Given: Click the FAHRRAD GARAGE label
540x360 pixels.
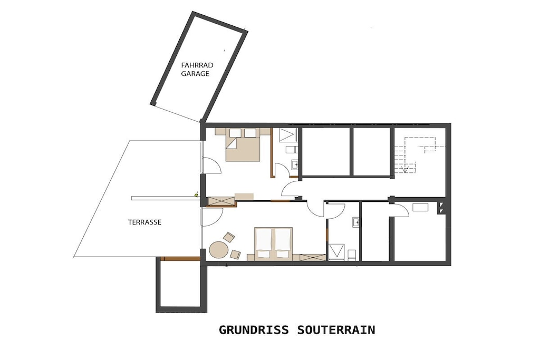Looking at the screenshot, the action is (195, 69).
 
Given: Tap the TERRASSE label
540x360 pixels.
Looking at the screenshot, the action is (144, 222).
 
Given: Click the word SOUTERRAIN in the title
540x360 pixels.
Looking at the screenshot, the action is (336, 330).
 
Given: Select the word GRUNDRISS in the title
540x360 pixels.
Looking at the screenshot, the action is (254, 330).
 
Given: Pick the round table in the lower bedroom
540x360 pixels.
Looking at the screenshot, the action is (218, 250).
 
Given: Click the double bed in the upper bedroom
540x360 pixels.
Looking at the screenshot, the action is (243, 144).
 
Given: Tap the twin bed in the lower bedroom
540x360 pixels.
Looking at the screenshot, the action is (274, 244).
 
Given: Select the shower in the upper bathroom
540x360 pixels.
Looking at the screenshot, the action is (287, 135).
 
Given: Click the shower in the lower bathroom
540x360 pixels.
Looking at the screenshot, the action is (336, 252).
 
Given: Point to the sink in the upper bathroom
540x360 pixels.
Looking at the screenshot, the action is (295, 165).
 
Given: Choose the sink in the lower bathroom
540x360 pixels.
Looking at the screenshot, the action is (356, 222).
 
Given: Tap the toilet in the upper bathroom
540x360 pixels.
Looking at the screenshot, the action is (291, 149).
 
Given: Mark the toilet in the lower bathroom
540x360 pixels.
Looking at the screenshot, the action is (352, 255).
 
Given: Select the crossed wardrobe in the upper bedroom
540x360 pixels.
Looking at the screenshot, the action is (222, 201).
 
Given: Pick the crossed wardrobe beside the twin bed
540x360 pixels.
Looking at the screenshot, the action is (312, 257).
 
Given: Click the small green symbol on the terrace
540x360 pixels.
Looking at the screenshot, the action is (196, 195).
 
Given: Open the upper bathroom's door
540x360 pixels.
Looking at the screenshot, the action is (283, 170).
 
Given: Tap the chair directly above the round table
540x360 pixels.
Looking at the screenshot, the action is (229, 237).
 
